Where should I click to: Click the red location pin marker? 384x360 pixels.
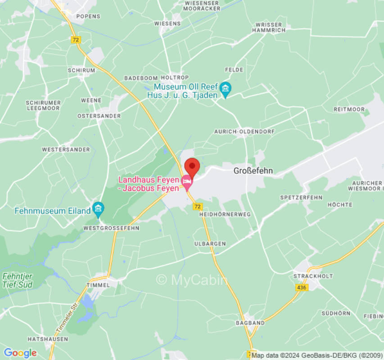tap(192, 167)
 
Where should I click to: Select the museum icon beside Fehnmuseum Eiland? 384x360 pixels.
tap(98, 208)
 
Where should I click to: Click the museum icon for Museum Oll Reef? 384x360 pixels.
tap(225, 90)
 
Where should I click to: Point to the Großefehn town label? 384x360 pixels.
tap(253, 171)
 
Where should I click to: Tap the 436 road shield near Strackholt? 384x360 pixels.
tap(302, 287)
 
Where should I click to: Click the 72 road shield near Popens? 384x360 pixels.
tap(76, 40)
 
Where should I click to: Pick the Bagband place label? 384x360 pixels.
tap(250, 323)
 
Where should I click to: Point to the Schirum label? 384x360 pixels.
tap(81, 71)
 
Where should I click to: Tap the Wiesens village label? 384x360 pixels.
tap(167, 23)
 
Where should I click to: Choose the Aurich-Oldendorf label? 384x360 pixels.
tap(250, 131)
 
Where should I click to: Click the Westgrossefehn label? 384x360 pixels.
tap(111, 228)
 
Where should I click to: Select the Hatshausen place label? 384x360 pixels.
tap(48, 339)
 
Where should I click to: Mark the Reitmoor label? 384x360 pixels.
tap(349, 109)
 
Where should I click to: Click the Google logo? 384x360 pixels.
tap(20, 353)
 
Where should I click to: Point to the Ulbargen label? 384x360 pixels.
tap(210, 243)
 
